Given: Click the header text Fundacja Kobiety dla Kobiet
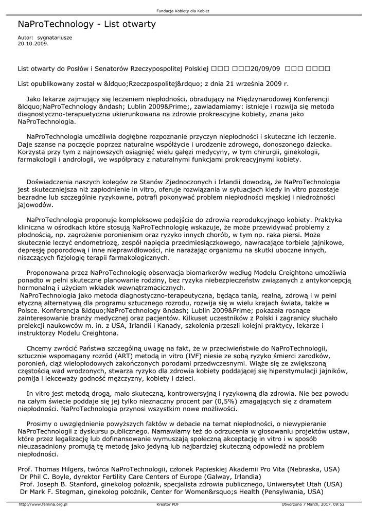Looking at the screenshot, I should coord(186,11).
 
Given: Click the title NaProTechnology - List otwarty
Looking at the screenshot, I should coord(86,24).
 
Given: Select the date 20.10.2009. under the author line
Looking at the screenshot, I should coord(33,44).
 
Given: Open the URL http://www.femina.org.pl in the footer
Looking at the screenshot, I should coord(43,504).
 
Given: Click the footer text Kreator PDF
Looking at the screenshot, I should coord(168,504).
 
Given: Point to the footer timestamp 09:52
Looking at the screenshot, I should coord(339,504).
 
